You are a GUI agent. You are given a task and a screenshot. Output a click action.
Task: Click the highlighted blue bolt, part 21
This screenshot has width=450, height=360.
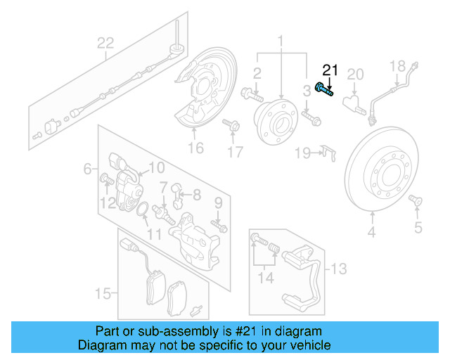325,89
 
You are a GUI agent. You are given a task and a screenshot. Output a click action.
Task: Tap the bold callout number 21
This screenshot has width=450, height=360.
330,70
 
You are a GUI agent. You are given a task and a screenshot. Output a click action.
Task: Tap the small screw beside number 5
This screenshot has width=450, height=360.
414,202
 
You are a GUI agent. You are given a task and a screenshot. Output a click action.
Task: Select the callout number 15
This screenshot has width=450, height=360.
103,291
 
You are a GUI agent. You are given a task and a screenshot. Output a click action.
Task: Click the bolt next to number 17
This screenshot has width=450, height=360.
229,125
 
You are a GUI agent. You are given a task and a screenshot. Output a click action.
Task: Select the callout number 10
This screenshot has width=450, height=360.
156,167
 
